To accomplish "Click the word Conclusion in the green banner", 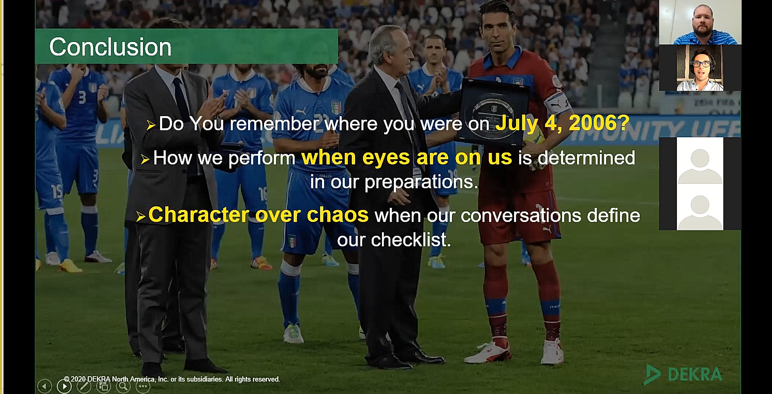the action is click(x=110, y=47).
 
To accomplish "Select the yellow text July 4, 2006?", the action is click(x=562, y=123).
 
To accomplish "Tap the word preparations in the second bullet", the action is click(x=421, y=182).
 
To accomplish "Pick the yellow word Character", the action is click(x=199, y=215).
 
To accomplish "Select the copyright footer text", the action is click(x=172, y=379).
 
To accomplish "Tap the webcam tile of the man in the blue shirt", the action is click(x=700, y=22).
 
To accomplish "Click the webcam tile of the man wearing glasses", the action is click(x=700, y=68).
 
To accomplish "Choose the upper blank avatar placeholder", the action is click(x=700, y=161).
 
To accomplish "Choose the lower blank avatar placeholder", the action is click(x=700, y=207).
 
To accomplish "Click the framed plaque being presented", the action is click(x=492, y=111).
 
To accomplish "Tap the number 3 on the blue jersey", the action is click(x=82, y=98).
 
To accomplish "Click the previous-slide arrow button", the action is click(x=45, y=386).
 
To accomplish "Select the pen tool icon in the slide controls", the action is click(x=84, y=386).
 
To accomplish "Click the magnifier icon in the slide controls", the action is click(x=123, y=386).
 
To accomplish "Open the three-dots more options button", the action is click(x=143, y=386).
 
